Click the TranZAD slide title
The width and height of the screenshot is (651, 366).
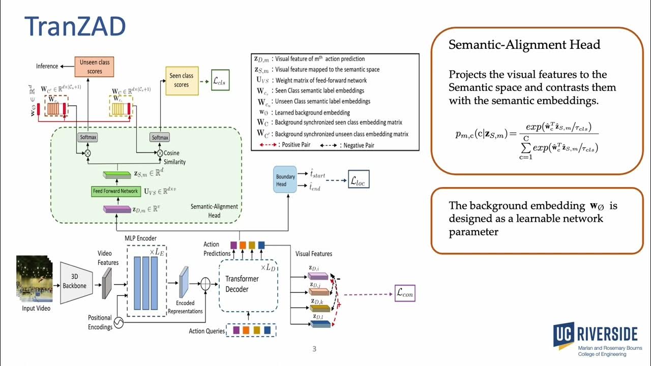point(75,26)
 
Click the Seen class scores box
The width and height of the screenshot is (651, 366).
point(182,80)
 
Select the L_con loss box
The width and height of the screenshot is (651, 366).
point(405,293)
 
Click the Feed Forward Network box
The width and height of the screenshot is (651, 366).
point(115,191)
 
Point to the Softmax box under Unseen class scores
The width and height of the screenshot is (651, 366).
point(87,138)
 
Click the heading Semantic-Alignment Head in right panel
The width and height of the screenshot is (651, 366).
point(524,45)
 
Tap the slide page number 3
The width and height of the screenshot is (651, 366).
point(314,349)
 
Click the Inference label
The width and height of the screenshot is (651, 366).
point(47,67)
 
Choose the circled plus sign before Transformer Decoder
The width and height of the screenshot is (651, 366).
point(205,284)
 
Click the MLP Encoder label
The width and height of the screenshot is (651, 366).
point(140,238)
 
